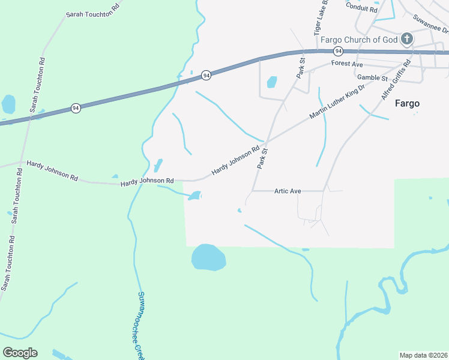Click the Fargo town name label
coord(407,103)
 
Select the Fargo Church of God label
coord(359,40)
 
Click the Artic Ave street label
coord(288,191)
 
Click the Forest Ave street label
coord(347,63)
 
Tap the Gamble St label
coord(372,77)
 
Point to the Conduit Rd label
coord(361,8)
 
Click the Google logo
coord(20,352)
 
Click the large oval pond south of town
coord(208,257)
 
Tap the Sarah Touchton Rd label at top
coord(92,13)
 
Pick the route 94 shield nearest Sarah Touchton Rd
coord(75,108)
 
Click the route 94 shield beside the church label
coord(339,51)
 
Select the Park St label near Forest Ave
coord(301,68)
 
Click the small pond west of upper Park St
coord(272,82)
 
